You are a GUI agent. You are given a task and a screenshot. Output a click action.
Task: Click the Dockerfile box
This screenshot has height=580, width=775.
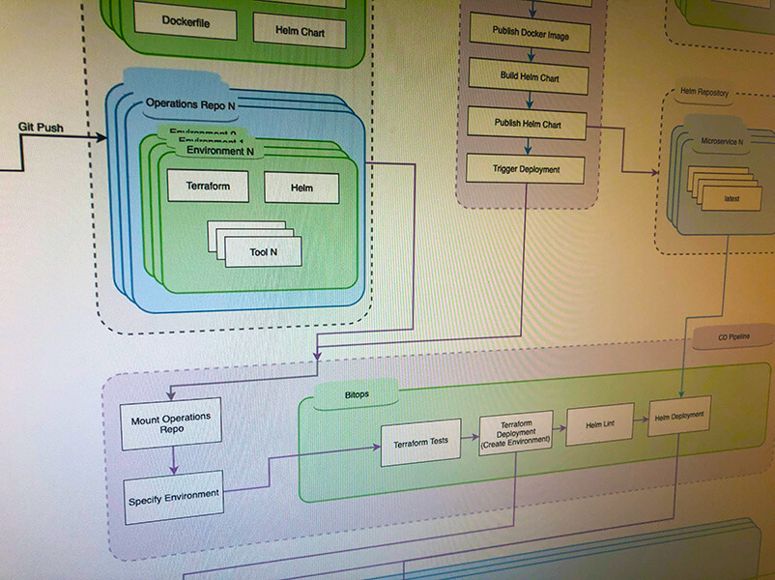186,21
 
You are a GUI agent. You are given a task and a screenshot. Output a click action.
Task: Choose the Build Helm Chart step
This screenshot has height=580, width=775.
528,76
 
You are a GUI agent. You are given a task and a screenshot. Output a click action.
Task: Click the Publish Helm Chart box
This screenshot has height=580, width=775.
528,124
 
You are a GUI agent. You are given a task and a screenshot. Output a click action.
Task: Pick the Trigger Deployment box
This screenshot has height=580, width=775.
526,170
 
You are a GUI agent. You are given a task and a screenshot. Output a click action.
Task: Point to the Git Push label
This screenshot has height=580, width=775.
43,127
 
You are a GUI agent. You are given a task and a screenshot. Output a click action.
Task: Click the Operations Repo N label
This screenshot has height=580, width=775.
193,103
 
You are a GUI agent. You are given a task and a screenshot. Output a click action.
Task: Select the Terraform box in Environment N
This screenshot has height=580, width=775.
208,186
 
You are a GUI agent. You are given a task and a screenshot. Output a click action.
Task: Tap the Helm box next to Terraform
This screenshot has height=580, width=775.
301,188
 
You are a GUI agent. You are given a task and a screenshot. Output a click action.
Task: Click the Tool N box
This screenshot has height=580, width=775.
263,252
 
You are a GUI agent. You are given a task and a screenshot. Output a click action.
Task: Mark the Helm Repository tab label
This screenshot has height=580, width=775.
704,93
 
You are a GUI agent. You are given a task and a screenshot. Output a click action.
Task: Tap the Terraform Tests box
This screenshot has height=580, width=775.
420,443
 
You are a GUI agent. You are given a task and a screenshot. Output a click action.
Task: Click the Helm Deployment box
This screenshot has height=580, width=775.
679,417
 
